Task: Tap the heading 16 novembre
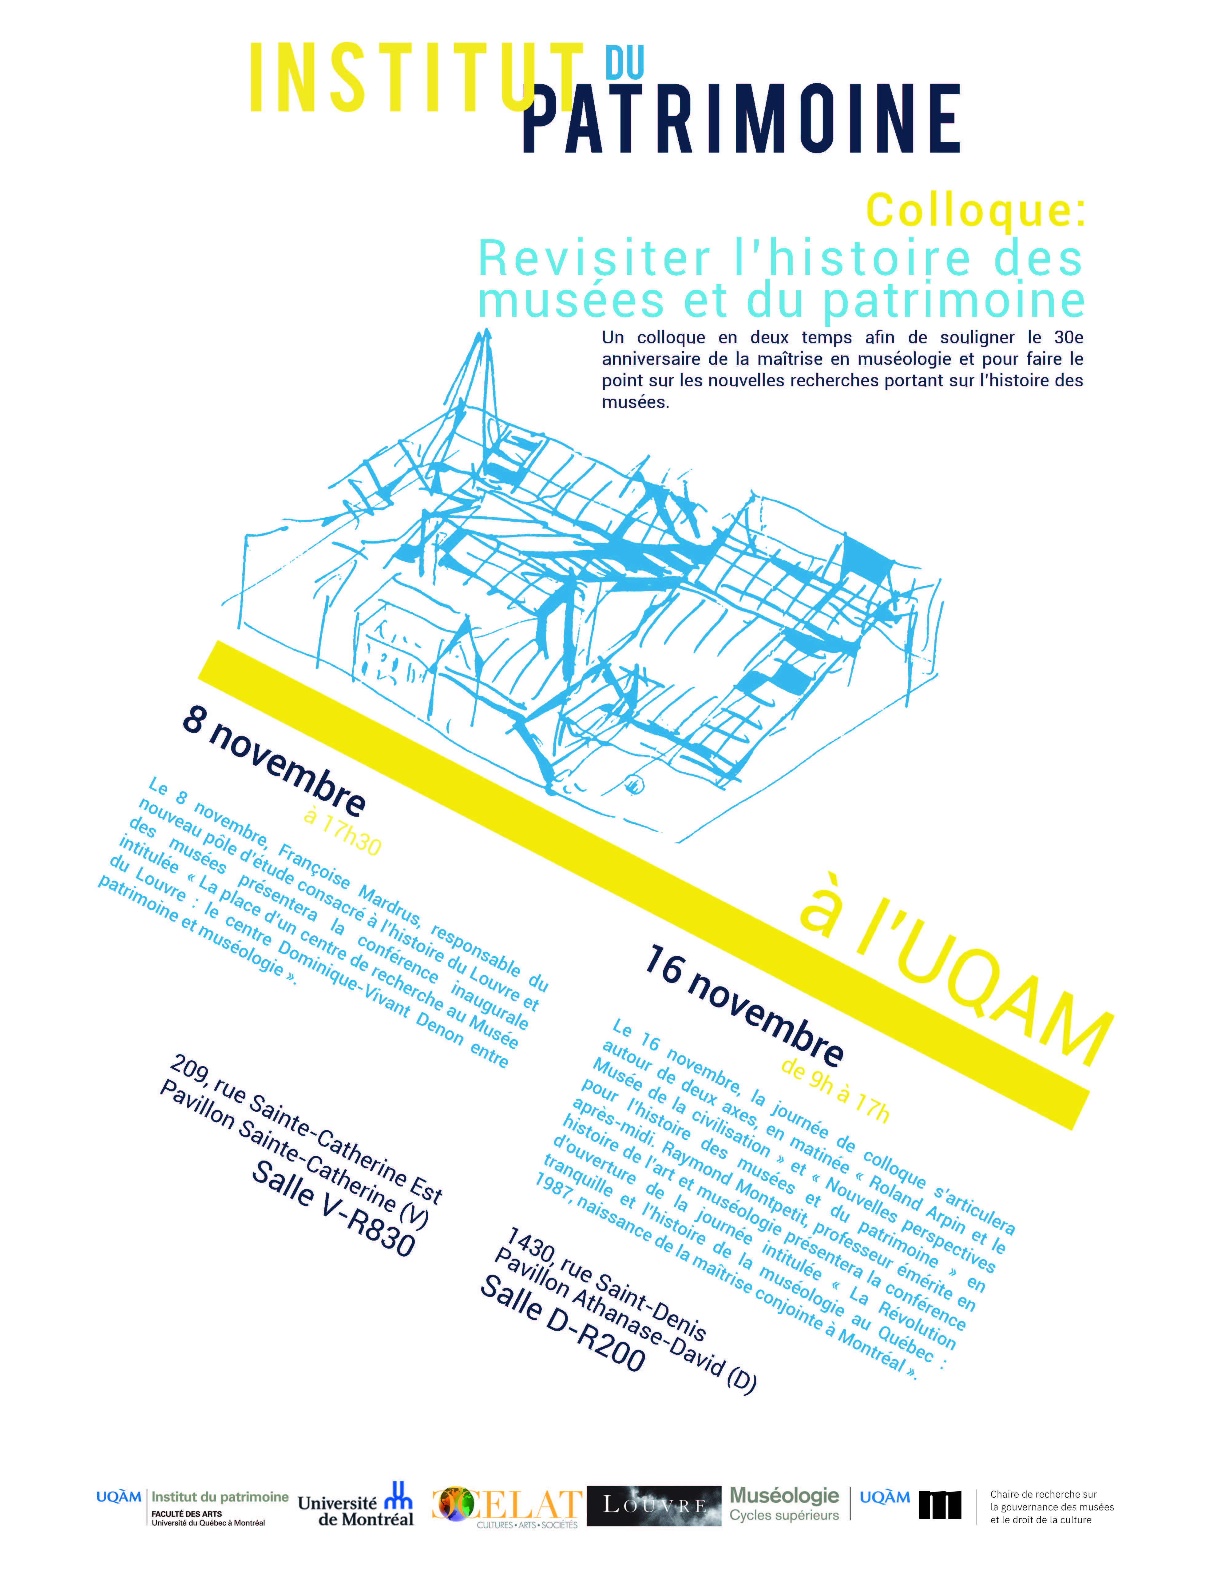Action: point(744,1006)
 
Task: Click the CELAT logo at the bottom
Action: point(507,1505)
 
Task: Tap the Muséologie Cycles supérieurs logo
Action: point(784,1504)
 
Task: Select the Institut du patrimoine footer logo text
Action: point(219,1497)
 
